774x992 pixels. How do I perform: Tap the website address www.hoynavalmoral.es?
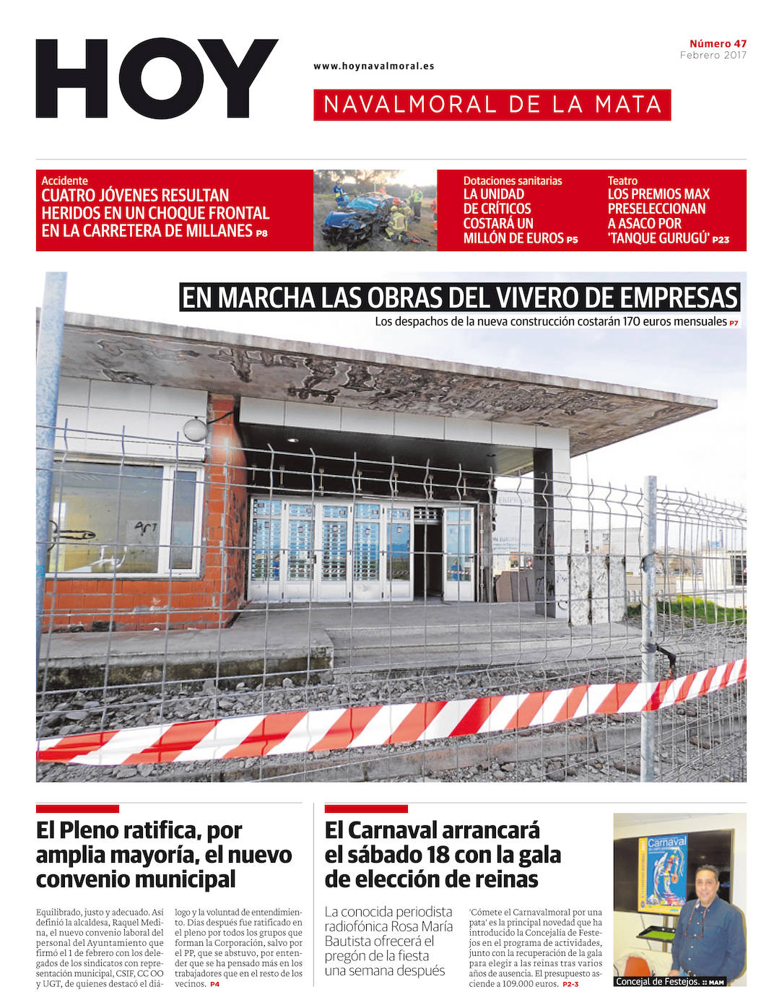pyautogui.click(x=373, y=66)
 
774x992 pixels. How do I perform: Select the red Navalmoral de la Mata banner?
pyautogui.click(x=492, y=105)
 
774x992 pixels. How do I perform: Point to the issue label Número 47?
pyautogui.click(x=718, y=43)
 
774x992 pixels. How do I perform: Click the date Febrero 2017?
pyautogui.click(x=713, y=55)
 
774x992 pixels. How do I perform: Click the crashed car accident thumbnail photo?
pyautogui.click(x=375, y=210)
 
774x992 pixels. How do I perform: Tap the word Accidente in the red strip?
pyautogui.click(x=64, y=180)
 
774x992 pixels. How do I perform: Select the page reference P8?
pyautogui.click(x=261, y=233)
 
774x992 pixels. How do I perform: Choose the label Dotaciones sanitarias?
pyautogui.click(x=512, y=180)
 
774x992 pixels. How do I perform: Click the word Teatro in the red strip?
pyautogui.click(x=622, y=180)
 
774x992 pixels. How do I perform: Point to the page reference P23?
pyautogui.click(x=721, y=240)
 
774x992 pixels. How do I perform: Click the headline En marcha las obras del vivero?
pyautogui.click(x=460, y=297)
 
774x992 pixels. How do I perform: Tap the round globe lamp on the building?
pyautogui.click(x=195, y=429)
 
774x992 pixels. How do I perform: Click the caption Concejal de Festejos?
pyautogui.click(x=656, y=981)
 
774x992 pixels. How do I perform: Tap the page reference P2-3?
pyautogui.click(x=570, y=984)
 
